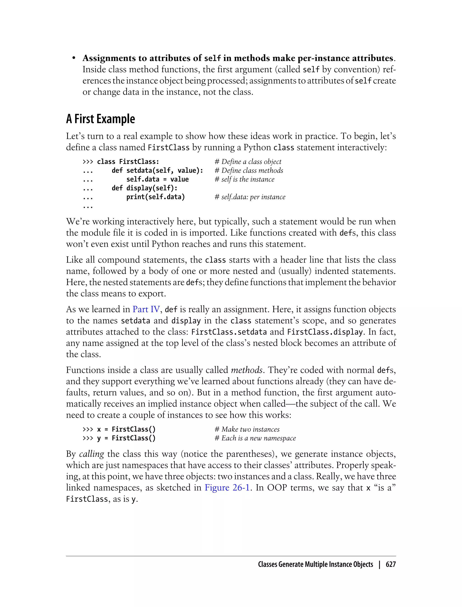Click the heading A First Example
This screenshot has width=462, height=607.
[100, 119]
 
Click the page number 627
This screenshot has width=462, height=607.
[390, 564]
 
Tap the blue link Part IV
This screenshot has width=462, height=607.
[146, 309]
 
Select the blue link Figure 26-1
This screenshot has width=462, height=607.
[227, 488]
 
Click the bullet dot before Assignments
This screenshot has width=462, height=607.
[74, 58]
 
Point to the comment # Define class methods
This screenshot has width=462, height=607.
[249, 170]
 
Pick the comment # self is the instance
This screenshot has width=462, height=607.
[245, 179]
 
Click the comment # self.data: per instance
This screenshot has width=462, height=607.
[250, 197]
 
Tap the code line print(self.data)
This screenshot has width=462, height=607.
[156, 197]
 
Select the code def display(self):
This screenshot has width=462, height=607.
[145, 188]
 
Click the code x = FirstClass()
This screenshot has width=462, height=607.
[126, 429]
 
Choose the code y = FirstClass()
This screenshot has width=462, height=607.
[126, 438]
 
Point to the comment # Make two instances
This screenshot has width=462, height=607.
[247, 429]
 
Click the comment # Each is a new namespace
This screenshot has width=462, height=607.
[255, 438]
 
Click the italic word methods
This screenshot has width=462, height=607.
[247, 370]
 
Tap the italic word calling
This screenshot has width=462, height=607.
[92, 454]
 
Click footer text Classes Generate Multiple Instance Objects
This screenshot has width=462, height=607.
[315, 564]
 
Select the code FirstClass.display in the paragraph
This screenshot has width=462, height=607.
[325, 332]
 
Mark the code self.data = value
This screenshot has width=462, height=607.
[158, 179]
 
